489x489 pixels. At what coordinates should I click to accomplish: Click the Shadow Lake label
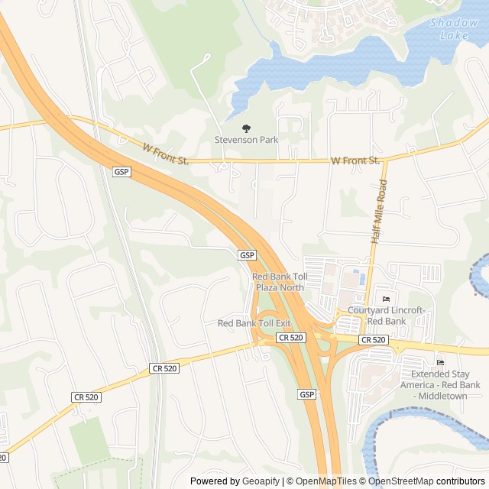(x=454, y=28)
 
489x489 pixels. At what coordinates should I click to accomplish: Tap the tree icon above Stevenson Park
(x=246, y=128)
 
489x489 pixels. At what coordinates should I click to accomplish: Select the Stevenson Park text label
(x=246, y=140)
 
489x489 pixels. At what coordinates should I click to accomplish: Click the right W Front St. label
(x=355, y=160)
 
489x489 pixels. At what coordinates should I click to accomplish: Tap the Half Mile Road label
(x=378, y=212)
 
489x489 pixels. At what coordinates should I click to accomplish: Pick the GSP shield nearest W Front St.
(x=121, y=172)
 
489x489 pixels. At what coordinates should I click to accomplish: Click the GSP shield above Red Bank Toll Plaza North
(x=247, y=254)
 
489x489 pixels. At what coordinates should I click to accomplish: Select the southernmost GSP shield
(x=306, y=394)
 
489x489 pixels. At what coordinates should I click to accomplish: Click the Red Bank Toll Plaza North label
(x=279, y=282)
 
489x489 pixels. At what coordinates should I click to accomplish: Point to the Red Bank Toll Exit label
(x=254, y=323)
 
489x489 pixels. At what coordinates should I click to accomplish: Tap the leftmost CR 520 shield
(x=86, y=397)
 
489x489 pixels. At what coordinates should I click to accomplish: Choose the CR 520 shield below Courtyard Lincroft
(x=373, y=340)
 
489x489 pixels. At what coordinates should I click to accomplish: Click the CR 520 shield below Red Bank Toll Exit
(x=291, y=337)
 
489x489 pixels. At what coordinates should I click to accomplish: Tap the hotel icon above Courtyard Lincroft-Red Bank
(x=386, y=299)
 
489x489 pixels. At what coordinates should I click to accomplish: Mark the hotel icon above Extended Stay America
(x=439, y=362)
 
